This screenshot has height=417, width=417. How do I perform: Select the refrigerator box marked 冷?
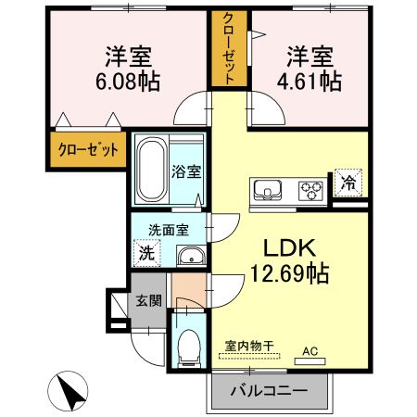[x=347, y=183]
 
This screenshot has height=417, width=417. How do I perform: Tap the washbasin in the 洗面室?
[x=190, y=256]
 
